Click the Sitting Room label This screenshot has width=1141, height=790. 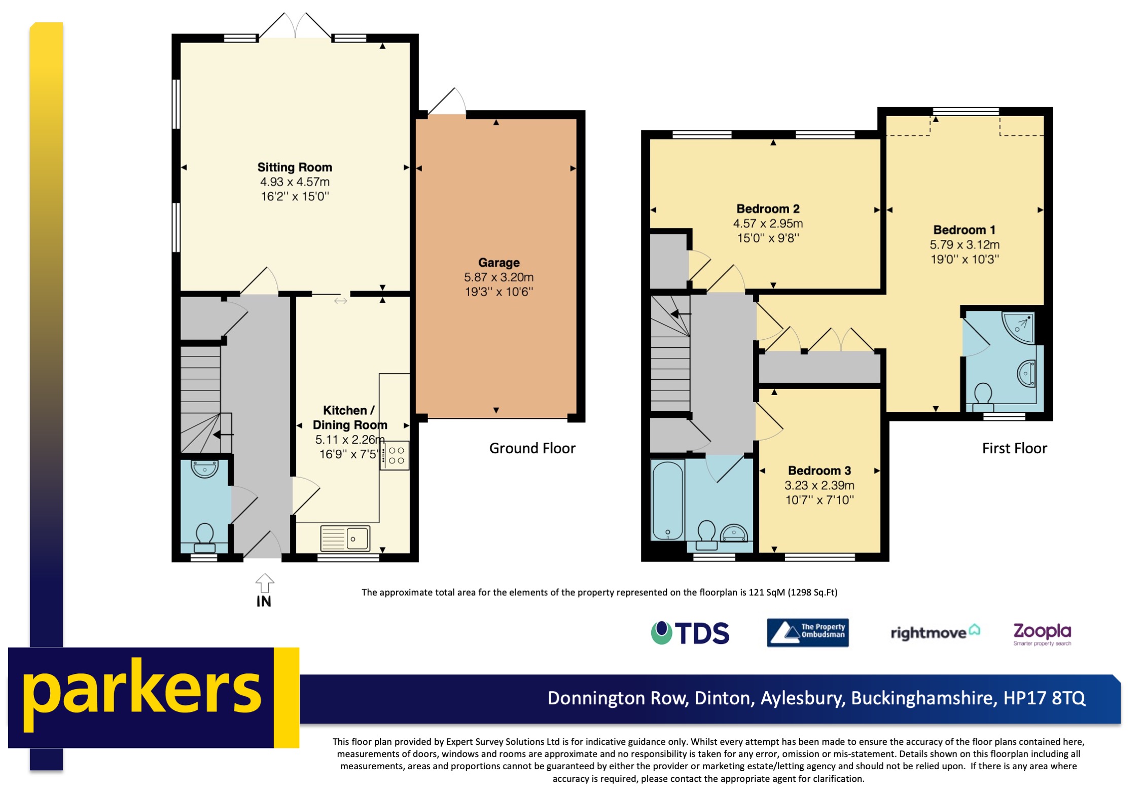point(295,167)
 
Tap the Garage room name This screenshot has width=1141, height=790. point(498,263)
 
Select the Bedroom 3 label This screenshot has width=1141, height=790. point(819,471)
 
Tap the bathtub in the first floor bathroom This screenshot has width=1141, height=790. point(667,500)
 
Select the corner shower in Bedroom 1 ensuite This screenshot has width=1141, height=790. point(1018,327)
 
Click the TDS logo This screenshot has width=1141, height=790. point(690,633)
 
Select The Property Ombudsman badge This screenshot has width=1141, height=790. point(807,632)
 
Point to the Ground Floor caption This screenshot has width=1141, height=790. point(532,448)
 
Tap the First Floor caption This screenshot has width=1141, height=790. point(1014,448)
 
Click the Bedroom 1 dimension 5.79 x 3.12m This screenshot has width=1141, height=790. point(964,244)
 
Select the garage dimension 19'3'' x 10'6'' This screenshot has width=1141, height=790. point(498,292)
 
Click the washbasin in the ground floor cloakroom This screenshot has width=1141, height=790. point(204,469)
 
